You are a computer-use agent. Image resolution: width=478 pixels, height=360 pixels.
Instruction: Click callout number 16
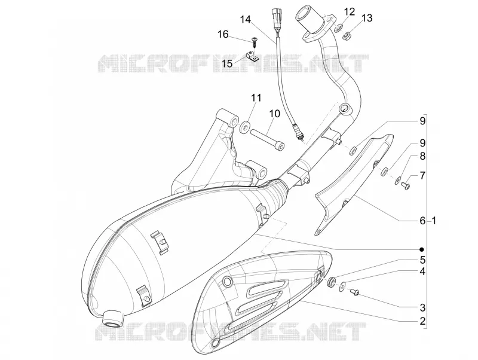tap(223, 34)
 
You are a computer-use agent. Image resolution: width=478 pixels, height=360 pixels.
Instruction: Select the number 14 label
tap(245, 20)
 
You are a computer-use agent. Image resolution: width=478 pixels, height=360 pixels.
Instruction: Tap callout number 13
tap(367, 18)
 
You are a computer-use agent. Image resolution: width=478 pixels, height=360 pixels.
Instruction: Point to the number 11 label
tap(256, 98)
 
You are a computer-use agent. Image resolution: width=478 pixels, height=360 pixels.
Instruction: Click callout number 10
tap(274, 114)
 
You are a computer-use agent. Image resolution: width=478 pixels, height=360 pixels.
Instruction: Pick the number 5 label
tap(422, 260)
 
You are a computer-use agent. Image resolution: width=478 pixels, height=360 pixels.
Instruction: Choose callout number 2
tap(422, 321)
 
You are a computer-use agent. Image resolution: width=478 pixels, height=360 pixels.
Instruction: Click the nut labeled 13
tap(347, 36)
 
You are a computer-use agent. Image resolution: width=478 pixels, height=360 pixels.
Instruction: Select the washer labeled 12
tap(338, 29)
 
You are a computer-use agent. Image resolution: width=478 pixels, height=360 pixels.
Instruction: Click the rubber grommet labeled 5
tap(331, 282)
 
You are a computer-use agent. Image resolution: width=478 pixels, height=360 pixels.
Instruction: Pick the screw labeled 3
tap(355, 292)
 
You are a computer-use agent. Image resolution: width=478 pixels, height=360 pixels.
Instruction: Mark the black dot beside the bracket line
tap(422, 249)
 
